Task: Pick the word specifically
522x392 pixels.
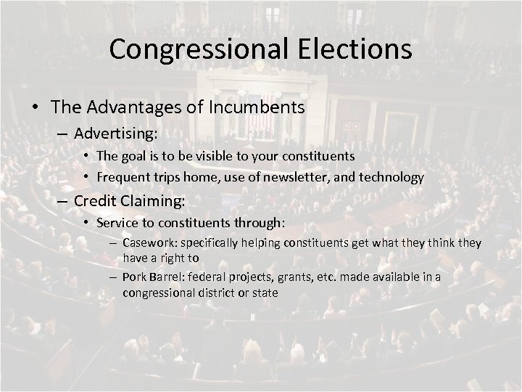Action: pos(214,242)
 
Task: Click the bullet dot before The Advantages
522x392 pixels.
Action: pos(36,107)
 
